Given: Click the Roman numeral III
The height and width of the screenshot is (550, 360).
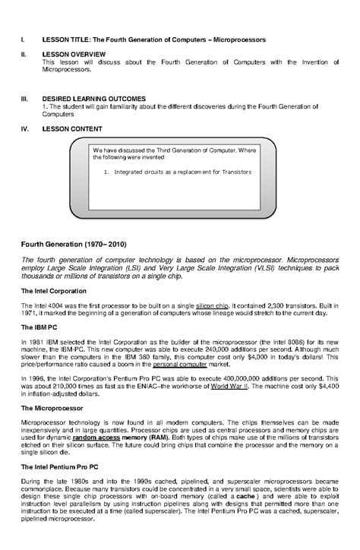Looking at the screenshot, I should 24,99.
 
